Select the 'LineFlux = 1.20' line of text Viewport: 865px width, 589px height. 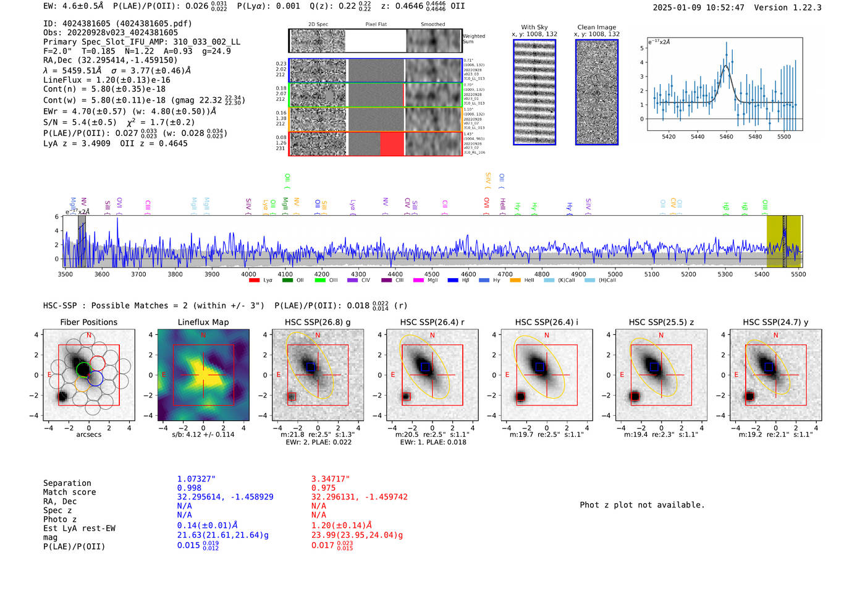coord(106,80)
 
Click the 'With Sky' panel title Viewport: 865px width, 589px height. coord(534,27)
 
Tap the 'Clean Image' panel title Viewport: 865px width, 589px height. coord(596,27)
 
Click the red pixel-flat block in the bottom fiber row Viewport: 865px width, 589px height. coord(392,144)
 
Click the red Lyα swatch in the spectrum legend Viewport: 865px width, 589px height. coord(254,281)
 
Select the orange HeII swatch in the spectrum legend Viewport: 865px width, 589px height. coord(515,281)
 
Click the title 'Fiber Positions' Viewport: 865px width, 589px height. coord(88,322)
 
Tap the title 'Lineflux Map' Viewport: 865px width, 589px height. coord(203,322)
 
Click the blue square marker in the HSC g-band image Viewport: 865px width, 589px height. coord(311,367)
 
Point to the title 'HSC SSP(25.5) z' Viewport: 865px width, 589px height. coord(661,322)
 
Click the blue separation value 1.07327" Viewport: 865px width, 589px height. coord(196,479)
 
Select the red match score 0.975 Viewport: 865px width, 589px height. coord(323,488)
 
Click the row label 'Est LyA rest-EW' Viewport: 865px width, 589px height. coord(79,528)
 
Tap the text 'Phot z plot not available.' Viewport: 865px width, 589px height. coord(642,505)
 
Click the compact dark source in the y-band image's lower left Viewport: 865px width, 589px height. coord(749,396)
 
